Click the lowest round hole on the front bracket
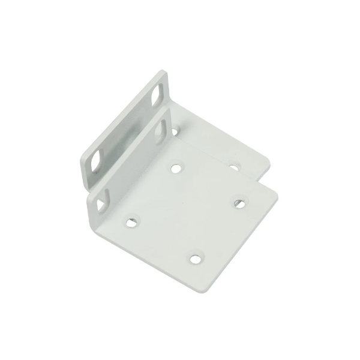(x=195, y=259)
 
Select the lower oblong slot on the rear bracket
(x=96, y=162)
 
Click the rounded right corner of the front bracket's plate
(x=278, y=192)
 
